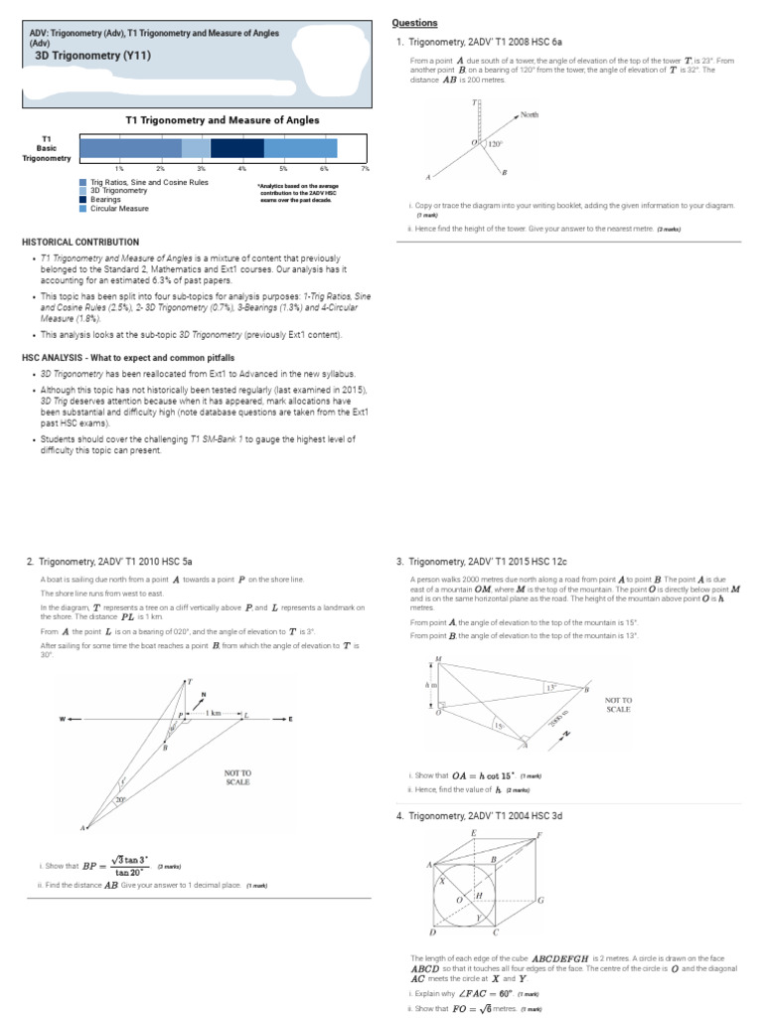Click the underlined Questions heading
point(414,23)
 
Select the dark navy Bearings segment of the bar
point(237,148)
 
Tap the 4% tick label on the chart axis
point(242,169)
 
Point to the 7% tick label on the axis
point(366,169)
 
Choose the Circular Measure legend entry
point(119,209)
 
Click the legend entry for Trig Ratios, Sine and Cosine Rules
point(149,183)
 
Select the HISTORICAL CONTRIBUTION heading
point(80,242)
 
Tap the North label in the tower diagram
point(530,115)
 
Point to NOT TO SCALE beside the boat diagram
point(238,777)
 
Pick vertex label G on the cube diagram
point(541,901)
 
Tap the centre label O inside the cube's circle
point(458,900)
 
